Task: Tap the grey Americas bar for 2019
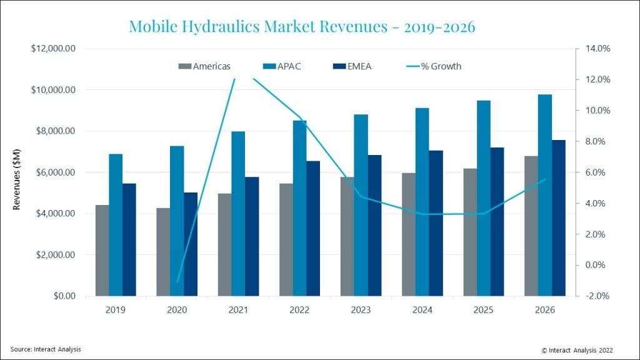(x=102, y=250)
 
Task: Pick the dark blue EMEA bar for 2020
(x=190, y=244)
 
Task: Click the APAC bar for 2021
(x=238, y=213)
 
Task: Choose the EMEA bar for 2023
(x=374, y=225)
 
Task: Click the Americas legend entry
(x=206, y=66)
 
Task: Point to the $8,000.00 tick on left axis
(x=53, y=131)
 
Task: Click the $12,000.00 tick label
(x=53, y=49)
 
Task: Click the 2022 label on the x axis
(x=299, y=309)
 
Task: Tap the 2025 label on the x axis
(x=483, y=309)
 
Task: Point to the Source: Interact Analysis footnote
(x=46, y=349)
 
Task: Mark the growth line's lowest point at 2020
(x=177, y=282)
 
